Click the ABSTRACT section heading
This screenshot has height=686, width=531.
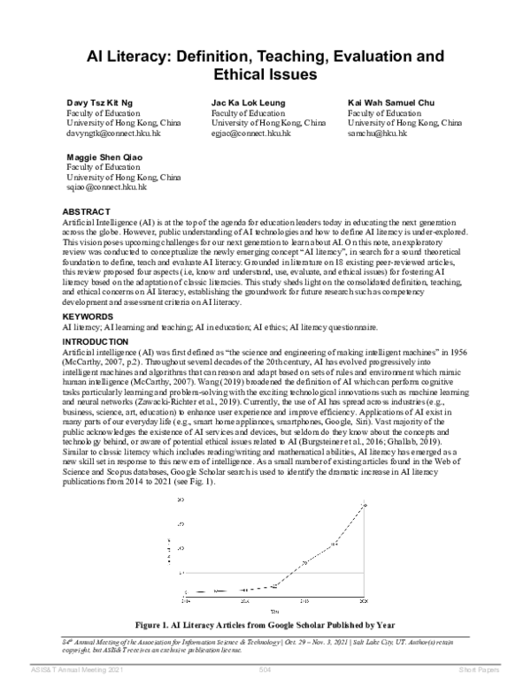coord(87,212)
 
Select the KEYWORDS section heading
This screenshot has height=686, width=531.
coord(88,315)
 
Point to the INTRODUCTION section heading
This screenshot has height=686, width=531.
coord(96,341)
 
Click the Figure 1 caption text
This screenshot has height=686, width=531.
coord(265,624)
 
